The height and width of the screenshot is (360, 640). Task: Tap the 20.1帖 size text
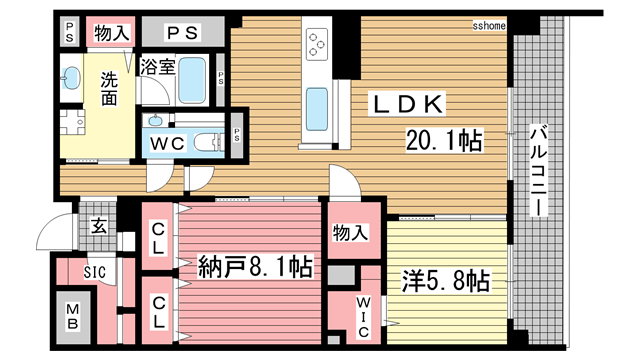point(442,142)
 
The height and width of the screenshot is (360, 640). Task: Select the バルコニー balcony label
point(537,171)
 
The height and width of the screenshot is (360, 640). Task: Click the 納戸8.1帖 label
point(255,267)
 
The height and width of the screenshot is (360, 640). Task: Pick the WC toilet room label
point(165,142)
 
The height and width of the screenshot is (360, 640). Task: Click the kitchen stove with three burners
point(317,44)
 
